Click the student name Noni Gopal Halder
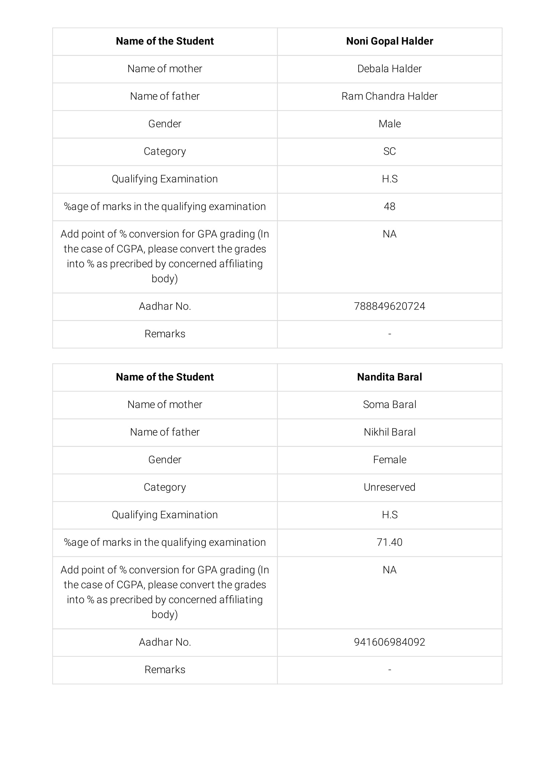[389, 41]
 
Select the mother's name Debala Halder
[389, 69]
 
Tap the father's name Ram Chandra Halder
[389, 96]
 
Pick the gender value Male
[389, 124]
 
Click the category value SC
[389, 152]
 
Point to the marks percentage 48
[389, 207]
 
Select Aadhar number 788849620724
[389, 306]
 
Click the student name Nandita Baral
[389, 377]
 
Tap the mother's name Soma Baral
[389, 405]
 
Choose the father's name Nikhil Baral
[389, 432]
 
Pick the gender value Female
[389, 460]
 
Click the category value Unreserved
[389, 487]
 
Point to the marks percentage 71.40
[389, 542]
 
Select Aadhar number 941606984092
[389, 642]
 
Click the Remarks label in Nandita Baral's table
[165, 670]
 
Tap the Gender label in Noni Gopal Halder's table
[165, 124]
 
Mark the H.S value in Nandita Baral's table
[389, 515]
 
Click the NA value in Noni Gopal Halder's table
[389, 234]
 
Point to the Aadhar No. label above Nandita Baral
[165, 306]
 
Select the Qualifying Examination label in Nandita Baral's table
[165, 515]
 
